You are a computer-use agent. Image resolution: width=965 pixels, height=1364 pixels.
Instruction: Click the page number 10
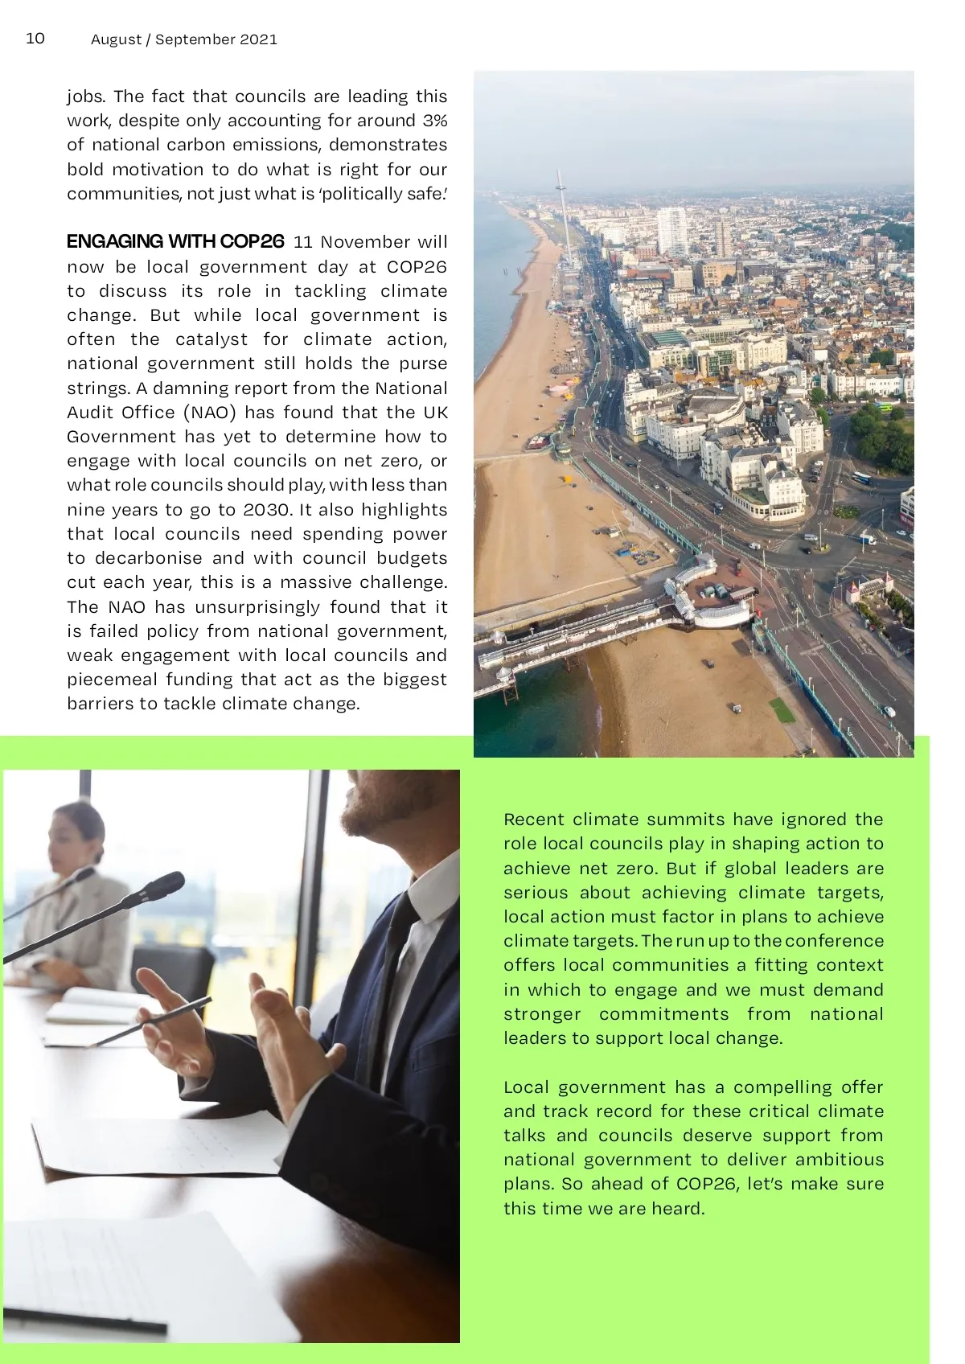[x=35, y=39]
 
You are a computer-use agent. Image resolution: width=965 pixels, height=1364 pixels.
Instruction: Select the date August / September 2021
[x=184, y=39]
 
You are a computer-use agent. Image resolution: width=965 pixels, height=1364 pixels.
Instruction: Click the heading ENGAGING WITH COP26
[x=175, y=241]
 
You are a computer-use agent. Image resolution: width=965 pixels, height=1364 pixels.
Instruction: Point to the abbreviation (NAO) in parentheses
[x=210, y=413]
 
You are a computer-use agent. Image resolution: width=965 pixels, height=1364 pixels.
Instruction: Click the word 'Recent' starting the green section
[x=533, y=820]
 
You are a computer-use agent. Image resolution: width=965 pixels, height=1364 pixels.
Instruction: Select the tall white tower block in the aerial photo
[x=672, y=229]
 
